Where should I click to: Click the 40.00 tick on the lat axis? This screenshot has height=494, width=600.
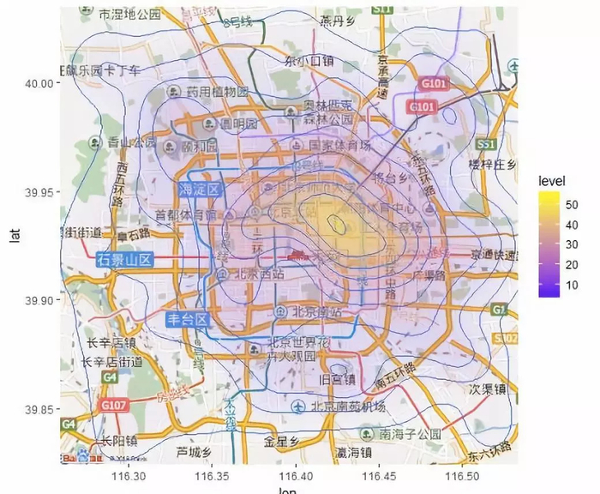coord(39,83)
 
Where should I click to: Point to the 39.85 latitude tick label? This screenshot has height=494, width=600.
coord(39,409)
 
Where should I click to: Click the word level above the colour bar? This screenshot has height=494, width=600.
coord(543,181)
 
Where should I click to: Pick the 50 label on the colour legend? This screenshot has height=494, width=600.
coord(572,204)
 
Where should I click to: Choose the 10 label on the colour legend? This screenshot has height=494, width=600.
coord(572,284)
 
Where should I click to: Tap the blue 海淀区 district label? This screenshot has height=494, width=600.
coord(200,189)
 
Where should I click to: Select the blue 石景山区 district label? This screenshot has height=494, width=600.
coord(125,259)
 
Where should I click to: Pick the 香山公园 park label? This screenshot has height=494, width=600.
coord(131,142)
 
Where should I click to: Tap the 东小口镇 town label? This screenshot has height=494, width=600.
coord(309,61)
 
